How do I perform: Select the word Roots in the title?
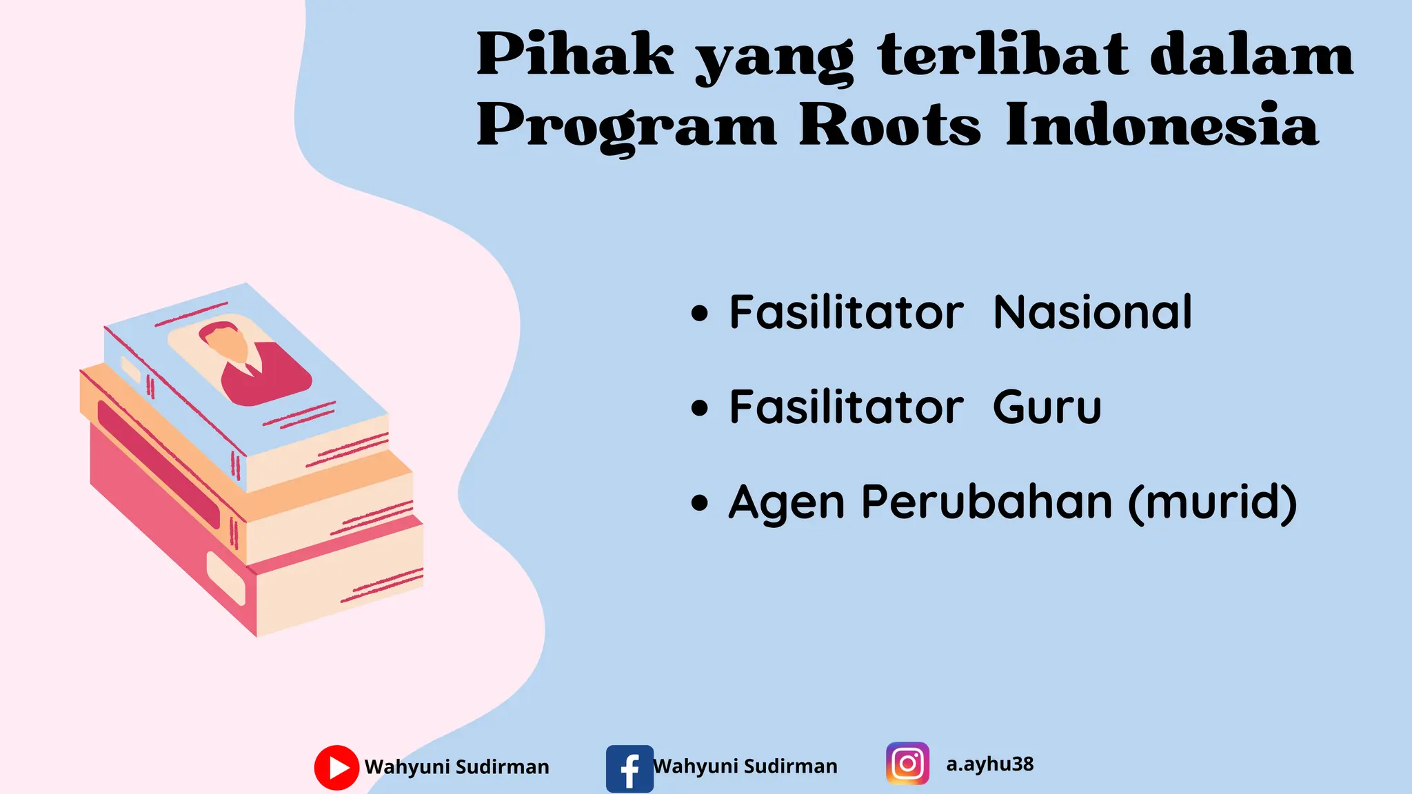coord(889,126)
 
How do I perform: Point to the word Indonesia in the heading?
coord(1162,126)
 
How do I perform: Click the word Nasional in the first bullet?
coord(1092,313)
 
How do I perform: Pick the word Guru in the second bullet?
coord(1047,407)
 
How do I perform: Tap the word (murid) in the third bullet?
coord(1213,502)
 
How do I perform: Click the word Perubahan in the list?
coord(987,502)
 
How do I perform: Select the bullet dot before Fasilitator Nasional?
coord(699,314)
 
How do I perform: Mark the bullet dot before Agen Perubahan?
coord(699,502)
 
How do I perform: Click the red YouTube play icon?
coord(336,767)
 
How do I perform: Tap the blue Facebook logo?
coord(629,768)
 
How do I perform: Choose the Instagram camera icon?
coord(907,764)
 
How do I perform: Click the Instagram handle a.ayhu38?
coord(989,764)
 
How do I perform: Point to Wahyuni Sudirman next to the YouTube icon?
coord(456,766)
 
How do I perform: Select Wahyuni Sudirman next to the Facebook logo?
coord(745,766)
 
